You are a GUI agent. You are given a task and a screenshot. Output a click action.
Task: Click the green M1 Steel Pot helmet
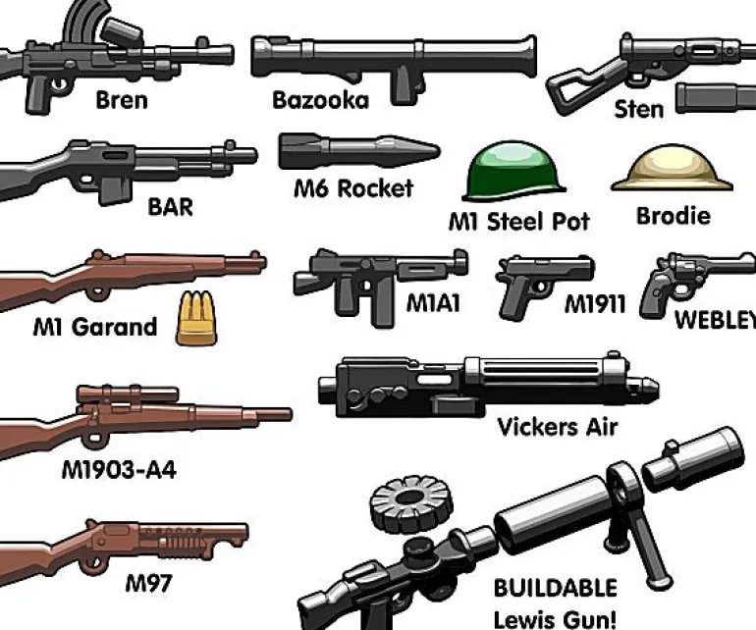click(513, 171)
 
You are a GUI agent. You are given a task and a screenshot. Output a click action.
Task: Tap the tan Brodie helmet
click(673, 168)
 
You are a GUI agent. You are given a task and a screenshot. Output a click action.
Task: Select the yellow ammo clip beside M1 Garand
click(196, 319)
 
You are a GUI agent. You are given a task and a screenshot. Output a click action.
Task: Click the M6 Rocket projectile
click(359, 151)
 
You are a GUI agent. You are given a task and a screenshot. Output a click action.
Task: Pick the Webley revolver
click(694, 283)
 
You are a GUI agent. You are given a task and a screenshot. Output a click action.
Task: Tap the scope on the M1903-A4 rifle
click(128, 394)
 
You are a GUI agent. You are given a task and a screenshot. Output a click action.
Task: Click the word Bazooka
click(321, 100)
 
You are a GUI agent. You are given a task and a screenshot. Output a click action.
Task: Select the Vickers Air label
click(557, 427)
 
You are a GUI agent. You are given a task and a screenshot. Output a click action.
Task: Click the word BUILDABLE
click(555, 588)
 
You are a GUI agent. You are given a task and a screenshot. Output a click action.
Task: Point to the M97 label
click(148, 583)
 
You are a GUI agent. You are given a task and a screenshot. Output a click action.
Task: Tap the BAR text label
click(170, 207)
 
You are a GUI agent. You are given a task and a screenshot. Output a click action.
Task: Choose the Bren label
click(122, 100)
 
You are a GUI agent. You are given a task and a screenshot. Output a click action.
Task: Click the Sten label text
click(639, 109)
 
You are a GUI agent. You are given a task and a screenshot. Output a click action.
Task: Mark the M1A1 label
click(432, 303)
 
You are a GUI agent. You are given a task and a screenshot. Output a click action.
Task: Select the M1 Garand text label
click(95, 327)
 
